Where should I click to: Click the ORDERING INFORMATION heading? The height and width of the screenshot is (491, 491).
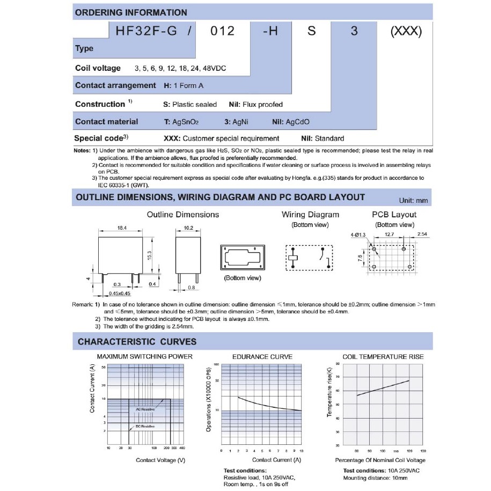click(131, 12)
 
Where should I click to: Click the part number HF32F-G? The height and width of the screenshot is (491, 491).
click(139, 31)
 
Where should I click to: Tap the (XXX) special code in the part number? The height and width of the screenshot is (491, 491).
click(406, 31)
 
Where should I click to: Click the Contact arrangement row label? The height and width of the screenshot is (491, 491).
click(115, 85)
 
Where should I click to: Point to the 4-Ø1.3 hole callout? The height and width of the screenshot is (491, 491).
click(358, 235)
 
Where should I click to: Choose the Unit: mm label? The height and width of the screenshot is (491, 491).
click(414, 200)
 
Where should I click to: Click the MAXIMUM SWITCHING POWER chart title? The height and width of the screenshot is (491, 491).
click(144, 356)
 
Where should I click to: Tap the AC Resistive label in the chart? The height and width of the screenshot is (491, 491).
click(145, 409)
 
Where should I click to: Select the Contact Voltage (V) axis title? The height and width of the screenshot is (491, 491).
click(160, 460)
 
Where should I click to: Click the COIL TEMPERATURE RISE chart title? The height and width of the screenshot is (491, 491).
click(383, 356)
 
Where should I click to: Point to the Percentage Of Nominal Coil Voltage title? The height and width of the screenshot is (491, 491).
click(380, 460)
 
